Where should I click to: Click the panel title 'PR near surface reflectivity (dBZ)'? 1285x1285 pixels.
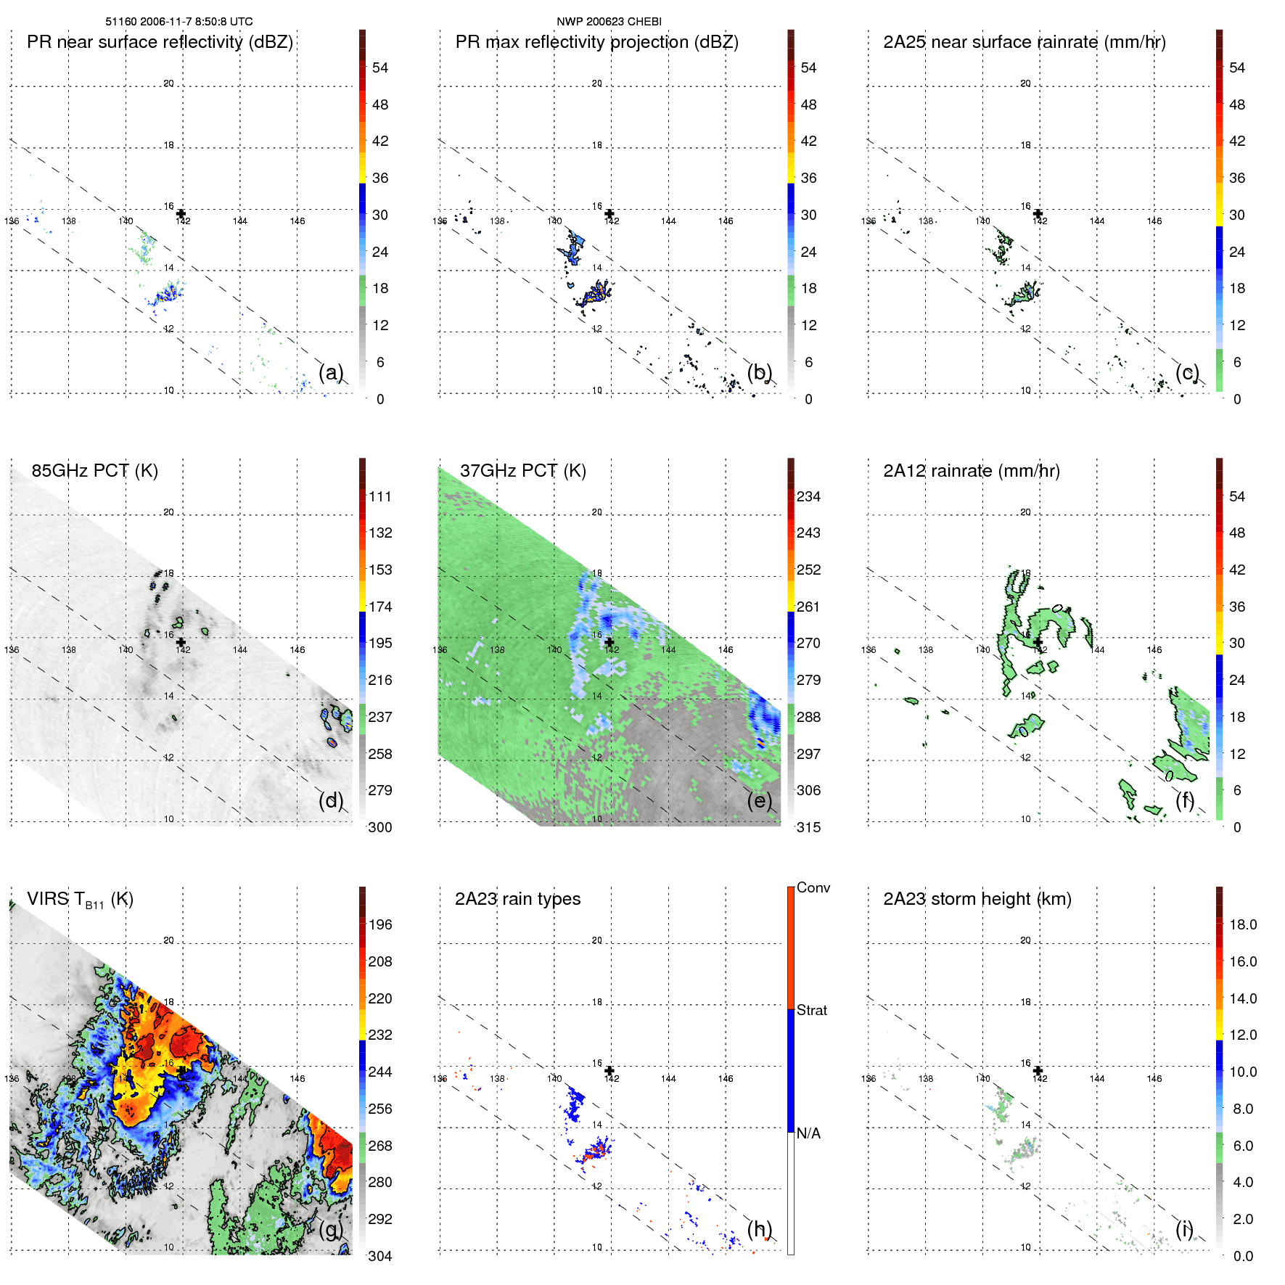coord(160,42)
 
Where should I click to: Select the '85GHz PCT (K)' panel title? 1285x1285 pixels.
coord(94,471)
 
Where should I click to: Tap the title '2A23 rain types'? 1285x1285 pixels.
coord(517,899)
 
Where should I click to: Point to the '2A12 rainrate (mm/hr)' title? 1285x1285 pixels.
coord(971,471)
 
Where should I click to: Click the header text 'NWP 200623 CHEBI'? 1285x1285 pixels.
coord(609,22)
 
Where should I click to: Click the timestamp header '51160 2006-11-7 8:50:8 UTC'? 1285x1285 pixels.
coord(179,22)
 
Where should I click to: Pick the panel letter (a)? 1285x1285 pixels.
coord(331,373)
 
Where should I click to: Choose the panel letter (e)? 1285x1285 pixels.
coord(760,801)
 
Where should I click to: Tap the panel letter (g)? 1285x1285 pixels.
coord(331,1229)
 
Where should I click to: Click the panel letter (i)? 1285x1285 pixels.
coord(1184,1229)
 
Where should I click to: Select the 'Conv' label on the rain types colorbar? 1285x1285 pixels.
coord(813,887)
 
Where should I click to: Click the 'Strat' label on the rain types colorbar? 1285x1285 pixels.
coord(811,1010)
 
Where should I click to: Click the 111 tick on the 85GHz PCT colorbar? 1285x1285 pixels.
coord(379,496)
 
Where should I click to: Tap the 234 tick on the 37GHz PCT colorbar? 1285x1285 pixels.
coord(808,496)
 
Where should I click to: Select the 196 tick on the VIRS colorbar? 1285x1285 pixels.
coord(379,924)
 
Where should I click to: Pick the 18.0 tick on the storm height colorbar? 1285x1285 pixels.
coord(1242,924)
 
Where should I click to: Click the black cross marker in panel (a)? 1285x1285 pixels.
coord(181,213)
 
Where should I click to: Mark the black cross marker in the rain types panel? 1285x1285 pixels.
coord(609,1070)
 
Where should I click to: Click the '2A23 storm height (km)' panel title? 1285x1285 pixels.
coord(977,899)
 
